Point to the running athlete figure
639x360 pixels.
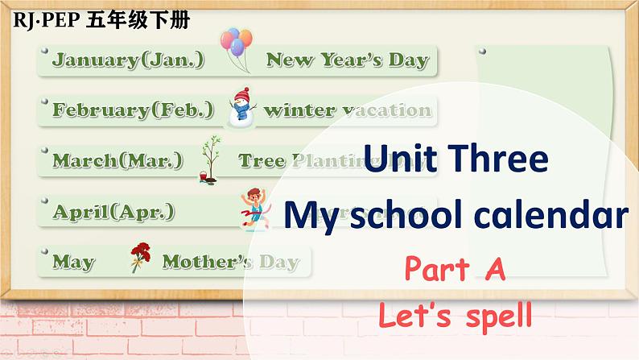250,208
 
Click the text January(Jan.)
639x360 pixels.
128,60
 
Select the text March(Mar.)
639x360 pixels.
122,160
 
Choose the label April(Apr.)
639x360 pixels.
113,212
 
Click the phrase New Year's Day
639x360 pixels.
347,59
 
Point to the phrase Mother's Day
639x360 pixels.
230,262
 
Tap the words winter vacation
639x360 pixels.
347,110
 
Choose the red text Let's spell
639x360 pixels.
456,315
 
